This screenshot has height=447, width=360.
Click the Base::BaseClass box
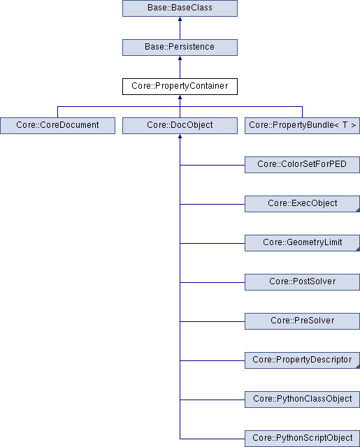180,8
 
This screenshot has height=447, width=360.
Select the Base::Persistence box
180,47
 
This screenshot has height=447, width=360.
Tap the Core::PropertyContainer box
180,87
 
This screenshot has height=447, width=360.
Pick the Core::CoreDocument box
57,126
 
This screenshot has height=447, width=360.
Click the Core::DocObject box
180,126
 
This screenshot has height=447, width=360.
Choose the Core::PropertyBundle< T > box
303,126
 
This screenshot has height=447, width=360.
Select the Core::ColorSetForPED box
303,165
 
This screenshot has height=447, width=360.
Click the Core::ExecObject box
303,204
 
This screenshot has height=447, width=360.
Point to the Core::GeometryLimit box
303,243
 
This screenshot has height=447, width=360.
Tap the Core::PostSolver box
303,282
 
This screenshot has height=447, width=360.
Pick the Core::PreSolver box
303,321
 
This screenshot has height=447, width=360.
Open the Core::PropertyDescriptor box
303,360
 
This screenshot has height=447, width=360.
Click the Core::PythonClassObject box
303,400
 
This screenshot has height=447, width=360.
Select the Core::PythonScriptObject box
303,439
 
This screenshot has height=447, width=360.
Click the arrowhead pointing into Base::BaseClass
180,19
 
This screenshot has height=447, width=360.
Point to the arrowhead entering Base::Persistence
180,58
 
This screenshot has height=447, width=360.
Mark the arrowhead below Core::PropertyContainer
180,97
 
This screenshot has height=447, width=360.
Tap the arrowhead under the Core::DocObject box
180,136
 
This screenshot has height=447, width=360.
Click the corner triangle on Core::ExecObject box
358,210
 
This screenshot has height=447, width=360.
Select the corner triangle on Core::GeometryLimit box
358,249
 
